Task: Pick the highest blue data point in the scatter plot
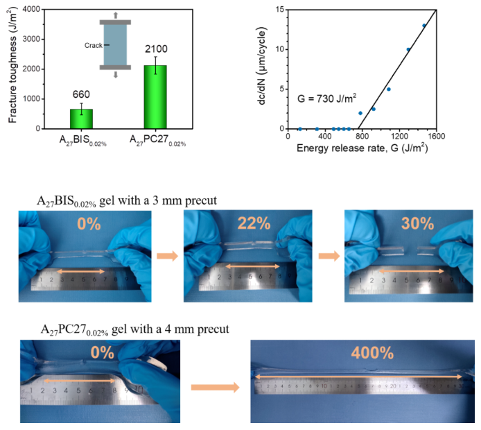(423, 26)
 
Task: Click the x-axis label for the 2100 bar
(157, 141)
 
